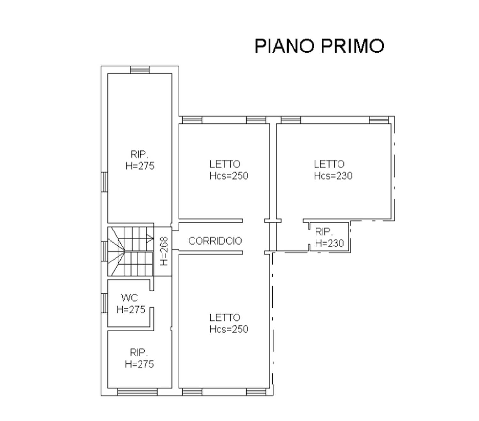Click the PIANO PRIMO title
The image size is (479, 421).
319,46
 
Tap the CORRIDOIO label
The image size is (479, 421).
215,241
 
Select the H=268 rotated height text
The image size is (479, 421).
163,251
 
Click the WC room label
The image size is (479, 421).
129,298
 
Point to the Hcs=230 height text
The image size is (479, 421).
333,175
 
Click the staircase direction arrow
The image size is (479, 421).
150,238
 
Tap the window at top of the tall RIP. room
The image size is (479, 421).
140,70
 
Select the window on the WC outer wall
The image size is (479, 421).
104,303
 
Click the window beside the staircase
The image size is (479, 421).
104,251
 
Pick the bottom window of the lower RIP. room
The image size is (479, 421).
137,392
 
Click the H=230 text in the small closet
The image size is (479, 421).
329,243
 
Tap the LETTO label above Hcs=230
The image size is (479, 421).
329,164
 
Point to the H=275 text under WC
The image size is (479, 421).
131,309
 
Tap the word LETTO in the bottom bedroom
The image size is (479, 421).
224,317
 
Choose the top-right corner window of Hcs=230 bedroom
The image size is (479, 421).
379,120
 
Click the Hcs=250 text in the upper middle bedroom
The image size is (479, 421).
229,175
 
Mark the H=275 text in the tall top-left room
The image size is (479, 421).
140,166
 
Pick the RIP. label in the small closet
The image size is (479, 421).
324,232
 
